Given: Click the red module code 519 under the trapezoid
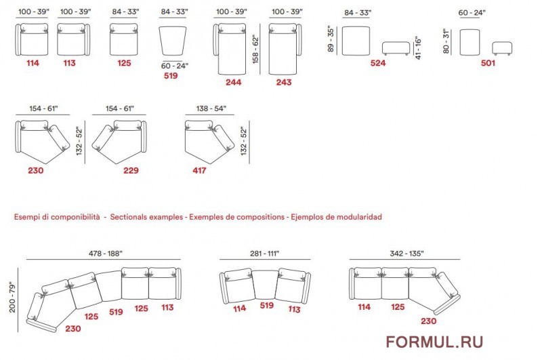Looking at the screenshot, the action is pos(171,76).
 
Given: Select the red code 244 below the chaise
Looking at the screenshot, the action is pos(233,82).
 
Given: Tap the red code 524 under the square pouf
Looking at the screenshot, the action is pos(378,63).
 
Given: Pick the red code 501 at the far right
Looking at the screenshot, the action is pos(488,63).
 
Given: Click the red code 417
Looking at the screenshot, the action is pos(199,170).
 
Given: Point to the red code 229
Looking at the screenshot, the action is pos(131,170).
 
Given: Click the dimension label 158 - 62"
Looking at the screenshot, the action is pos(255,49).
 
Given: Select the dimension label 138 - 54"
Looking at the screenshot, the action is pos(211,108).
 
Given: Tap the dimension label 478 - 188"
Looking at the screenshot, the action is pos(106,254).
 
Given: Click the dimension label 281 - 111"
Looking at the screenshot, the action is pos(264,254).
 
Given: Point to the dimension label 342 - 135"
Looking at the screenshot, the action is pos(406,254).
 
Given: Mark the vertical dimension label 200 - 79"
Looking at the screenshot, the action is pos(12,298).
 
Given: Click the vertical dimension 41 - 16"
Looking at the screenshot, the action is pos(418,47).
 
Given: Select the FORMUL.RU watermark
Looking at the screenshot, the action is pos(434,342).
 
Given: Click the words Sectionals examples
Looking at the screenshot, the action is pos(146,217).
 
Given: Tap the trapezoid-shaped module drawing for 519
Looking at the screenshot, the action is pos(173,41).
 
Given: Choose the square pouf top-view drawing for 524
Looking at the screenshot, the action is pos(356,41).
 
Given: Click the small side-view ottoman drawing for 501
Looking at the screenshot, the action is pos(502,48).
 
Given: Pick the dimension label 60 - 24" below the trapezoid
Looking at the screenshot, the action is pos(175,66).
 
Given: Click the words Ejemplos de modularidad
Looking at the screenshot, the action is pos(336,217).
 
